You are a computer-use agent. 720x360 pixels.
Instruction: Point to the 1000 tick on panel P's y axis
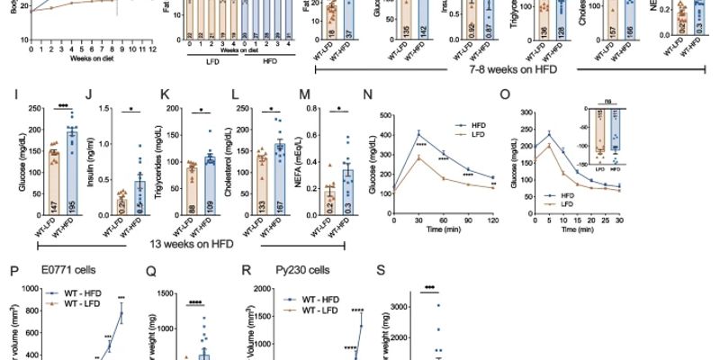[18, 289]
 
